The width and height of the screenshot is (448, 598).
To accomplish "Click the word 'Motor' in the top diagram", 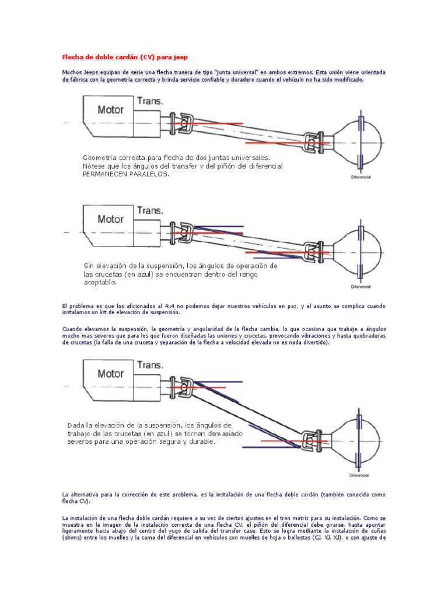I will (110, 110).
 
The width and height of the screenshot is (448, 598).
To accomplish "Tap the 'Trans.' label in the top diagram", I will (150, 101).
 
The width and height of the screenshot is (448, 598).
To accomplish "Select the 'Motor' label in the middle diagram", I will (110, 220).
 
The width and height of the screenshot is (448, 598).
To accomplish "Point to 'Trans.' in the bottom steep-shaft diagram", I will (150, 364).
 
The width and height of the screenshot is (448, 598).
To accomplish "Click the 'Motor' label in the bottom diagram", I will (110, 373).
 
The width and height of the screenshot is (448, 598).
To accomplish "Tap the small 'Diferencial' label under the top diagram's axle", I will (362, 176).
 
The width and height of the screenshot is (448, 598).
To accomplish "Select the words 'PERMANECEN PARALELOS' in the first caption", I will (125, 175).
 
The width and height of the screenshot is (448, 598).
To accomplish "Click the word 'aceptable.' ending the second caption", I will (100, 282).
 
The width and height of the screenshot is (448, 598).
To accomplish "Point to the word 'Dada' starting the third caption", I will (76, 425).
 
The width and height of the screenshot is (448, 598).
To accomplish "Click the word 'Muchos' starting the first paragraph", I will (72, 72).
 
